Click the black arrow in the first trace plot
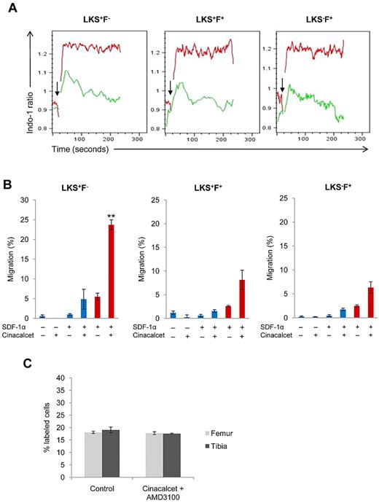[57, 90]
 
